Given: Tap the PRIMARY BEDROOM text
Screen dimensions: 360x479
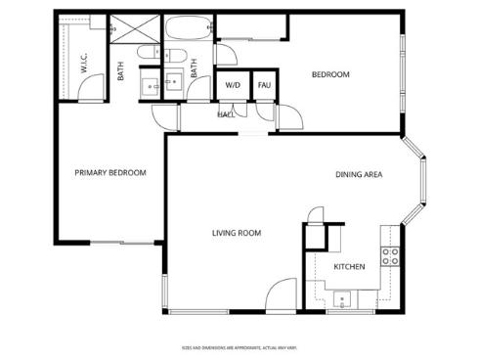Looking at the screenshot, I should coord(110,173).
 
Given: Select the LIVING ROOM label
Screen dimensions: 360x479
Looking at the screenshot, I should coord(237,233).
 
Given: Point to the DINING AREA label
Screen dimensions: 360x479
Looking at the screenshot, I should coord(359,175).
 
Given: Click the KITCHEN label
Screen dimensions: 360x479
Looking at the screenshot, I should coord(350,266).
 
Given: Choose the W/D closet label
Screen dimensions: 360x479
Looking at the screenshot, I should coord(233,85).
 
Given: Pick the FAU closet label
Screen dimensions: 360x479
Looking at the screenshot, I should coord(264,85).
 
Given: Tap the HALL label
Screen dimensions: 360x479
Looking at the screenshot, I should coord(225,114).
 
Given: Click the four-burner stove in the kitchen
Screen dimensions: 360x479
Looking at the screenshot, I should coord(390,257).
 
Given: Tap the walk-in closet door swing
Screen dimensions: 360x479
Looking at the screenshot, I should coord(88,91).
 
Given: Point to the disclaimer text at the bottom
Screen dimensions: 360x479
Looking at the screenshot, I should coord(239,347).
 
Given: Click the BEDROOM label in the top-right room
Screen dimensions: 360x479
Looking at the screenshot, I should coord(330,75).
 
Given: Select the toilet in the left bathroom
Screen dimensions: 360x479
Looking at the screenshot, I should coord(148,54).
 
